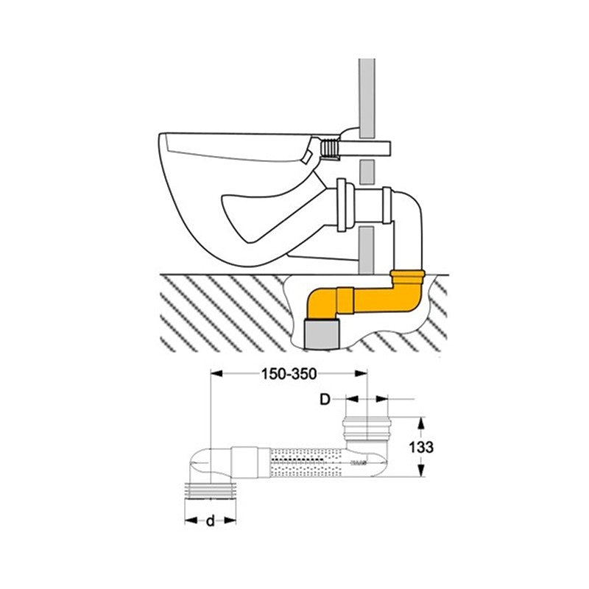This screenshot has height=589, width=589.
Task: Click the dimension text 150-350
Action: (x=289, y=373)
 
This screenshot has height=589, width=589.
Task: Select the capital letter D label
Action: (x=324, y=400)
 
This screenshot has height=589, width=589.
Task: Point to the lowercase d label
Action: (x=210, y=521)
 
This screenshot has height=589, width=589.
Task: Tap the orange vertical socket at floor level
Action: (x=409, y=281)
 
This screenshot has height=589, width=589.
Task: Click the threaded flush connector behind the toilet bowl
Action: (x=331, y=150)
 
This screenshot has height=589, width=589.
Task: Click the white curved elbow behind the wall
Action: (x=409, y=214)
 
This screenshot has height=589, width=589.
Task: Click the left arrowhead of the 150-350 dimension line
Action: (x=216, y=373)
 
